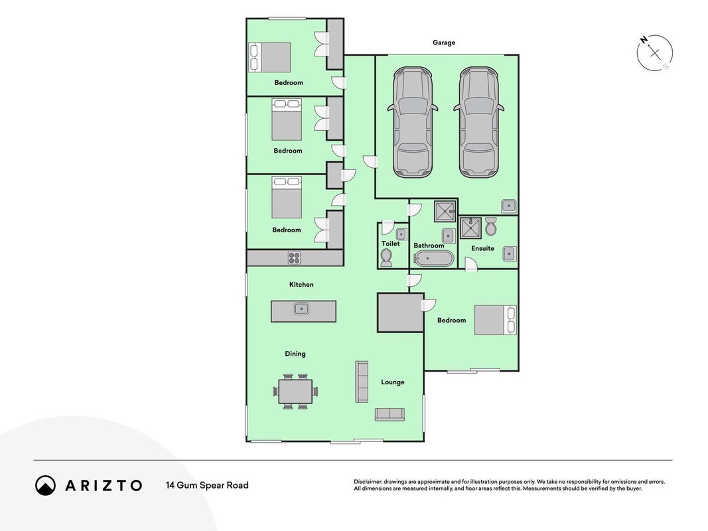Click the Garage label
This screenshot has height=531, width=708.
click(x=444, y=42)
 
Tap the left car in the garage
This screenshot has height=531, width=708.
click(x=413, y=122)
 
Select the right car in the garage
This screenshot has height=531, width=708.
click(x=478, y=122)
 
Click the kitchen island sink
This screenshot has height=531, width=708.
click(x=301, y=309)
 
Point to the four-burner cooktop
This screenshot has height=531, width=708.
click(x=295, y=258)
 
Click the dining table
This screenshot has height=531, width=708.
click(x=295, y=392)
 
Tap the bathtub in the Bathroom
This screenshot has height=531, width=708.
click(x=433, y=259)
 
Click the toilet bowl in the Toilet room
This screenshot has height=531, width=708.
click(x=386, y=258)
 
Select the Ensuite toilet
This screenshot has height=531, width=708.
click(x=491, y=226)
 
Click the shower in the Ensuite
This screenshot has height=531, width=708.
click(x=470, y=228)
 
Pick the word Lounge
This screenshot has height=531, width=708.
click(x=392, y=382)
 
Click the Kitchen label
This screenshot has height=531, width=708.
click(x=301, y=285)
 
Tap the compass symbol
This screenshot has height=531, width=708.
click(x=655, y=53)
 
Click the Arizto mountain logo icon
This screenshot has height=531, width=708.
click(x=46, y=485)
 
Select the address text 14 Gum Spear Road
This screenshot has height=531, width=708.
click(x=207, y=485)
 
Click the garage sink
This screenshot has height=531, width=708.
click(x=509, y=206)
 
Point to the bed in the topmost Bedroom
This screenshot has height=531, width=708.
click(x=269, y=57)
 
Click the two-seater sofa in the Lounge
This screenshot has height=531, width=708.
click(x=389, y=414)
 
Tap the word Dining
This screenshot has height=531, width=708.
click(x=295, y=354)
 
